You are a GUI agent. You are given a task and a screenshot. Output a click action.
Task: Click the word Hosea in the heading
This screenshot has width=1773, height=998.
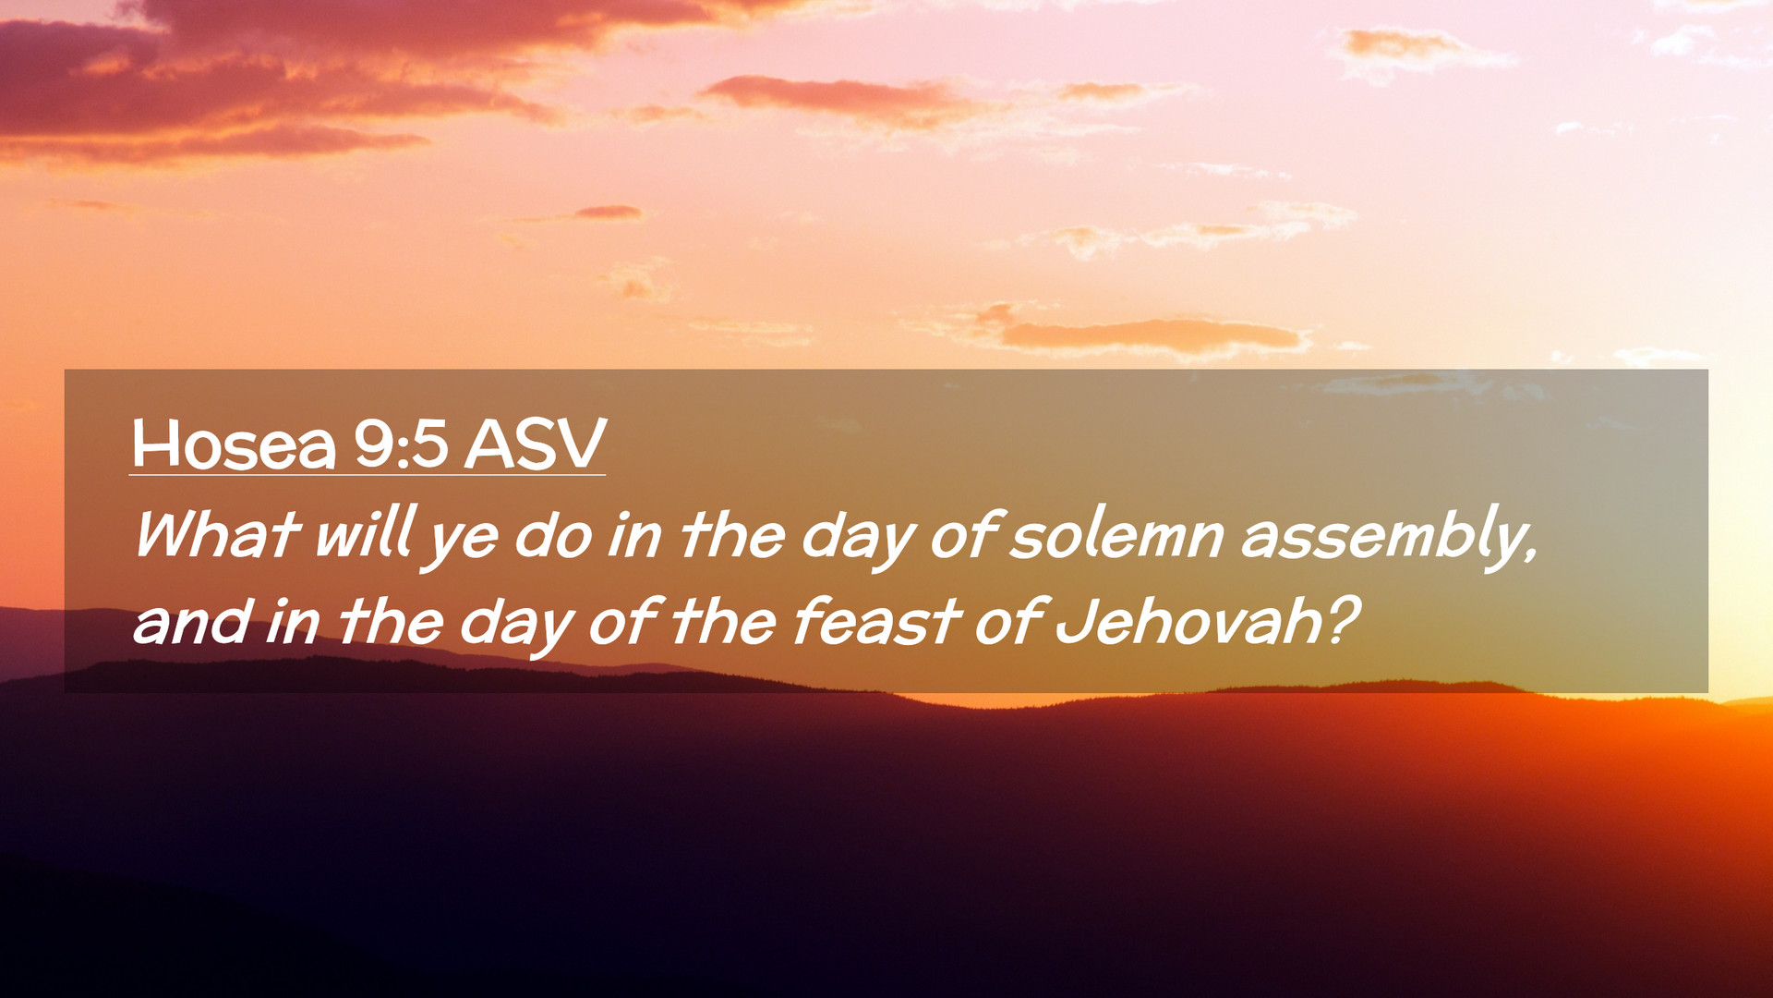pos(234,444)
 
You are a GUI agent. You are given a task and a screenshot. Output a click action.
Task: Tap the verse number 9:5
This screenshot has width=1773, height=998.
pos(401,444)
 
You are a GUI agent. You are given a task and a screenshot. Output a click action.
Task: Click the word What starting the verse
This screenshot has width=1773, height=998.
pos(217,534)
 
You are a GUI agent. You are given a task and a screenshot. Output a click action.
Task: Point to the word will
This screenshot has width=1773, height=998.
pos(363,532)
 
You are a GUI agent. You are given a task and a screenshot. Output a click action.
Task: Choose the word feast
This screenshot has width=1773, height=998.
pos(876,619)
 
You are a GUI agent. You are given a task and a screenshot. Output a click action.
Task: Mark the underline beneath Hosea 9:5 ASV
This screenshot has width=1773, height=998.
pos(368,475)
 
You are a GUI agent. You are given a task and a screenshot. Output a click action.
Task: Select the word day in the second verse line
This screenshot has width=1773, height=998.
pos(517,626)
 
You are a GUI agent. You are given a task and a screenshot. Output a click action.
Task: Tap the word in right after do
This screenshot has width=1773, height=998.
pos(634,534)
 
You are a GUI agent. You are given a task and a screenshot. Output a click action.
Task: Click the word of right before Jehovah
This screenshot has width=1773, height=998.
pos(1009,619)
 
